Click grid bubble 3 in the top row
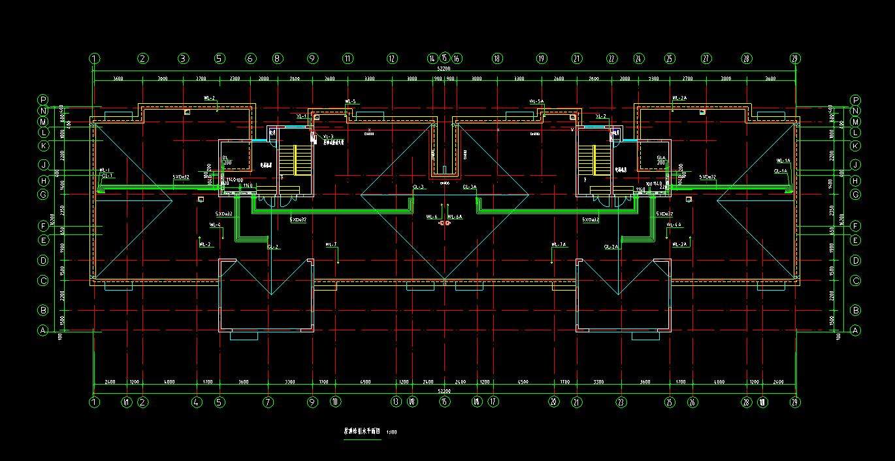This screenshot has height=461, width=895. point(184,59)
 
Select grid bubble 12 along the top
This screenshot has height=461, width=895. point(392,59)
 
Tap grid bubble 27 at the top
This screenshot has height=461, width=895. point(706,59)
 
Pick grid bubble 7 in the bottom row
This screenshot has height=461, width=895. point(268,402)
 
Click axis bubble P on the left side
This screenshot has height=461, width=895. point(43,100)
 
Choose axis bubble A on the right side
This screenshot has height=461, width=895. point(856,330)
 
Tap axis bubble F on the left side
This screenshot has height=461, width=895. point(43,226)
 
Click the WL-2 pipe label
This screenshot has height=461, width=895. point(210,99)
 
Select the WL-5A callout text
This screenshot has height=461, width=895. point(536,102)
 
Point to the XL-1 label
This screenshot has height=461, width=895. point(301,116)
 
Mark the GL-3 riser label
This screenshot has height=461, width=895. point(418,187)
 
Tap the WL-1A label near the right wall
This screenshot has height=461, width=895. point(783,161)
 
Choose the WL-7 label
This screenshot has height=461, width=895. point(331,244)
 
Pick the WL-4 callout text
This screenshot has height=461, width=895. point(215,225)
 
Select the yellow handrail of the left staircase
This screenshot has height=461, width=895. point(296,159)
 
